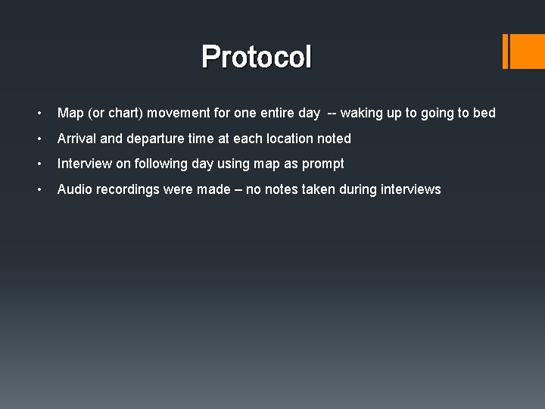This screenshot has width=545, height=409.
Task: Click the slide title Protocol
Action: click(x=257, y=57)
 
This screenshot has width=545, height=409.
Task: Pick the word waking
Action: click(x=361, y=114)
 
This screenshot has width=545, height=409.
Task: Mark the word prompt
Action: click(x=324, y=164)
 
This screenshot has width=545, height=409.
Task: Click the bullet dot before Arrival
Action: click(x=39, y=139)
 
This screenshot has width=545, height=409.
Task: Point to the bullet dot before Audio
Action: click(x=39, y=189)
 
